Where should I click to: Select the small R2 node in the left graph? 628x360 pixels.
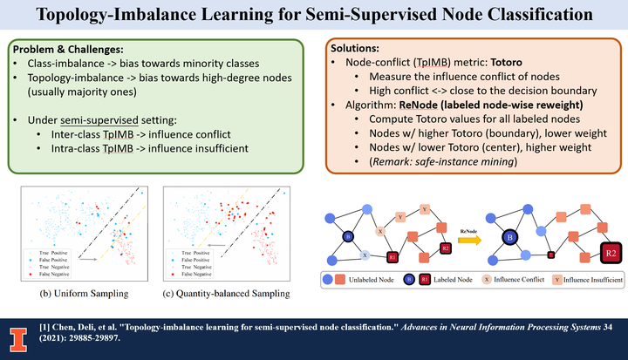[446, 248]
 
